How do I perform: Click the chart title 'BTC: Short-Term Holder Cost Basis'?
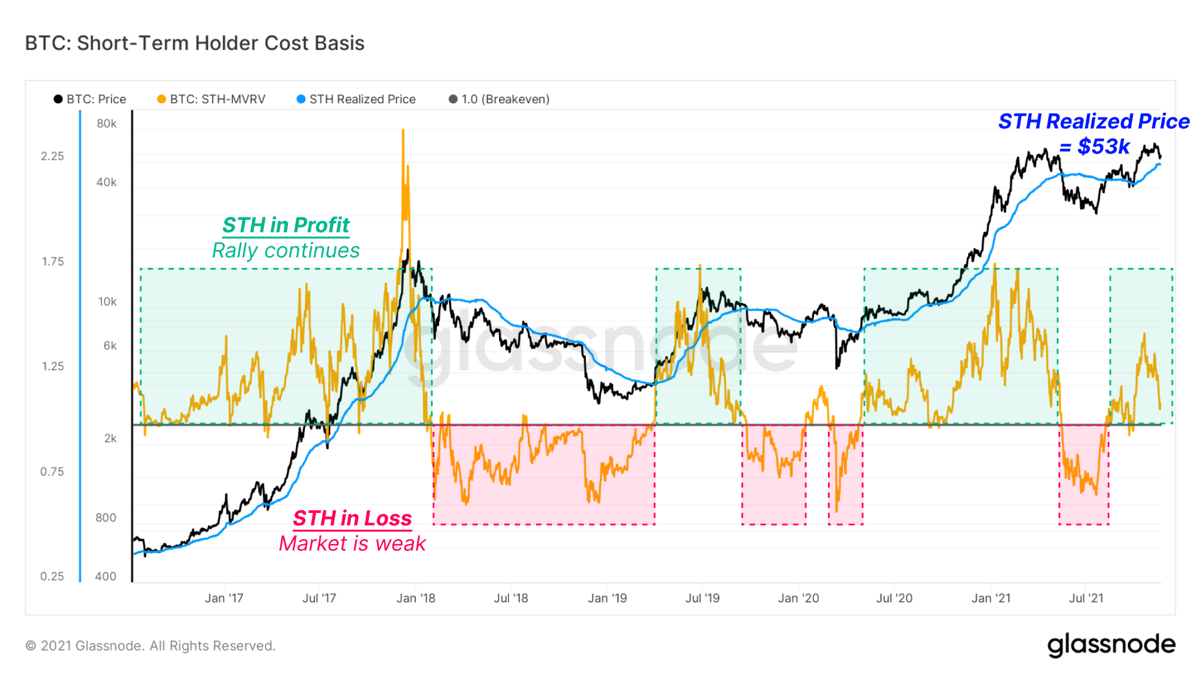click(195, 43)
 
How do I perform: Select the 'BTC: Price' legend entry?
click(90, 99)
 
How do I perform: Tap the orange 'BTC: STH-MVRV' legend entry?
click(212, 99)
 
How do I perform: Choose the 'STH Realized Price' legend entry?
click(357, 99)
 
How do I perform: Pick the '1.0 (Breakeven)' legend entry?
click(500, 99)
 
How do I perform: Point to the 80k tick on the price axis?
click(107, 124)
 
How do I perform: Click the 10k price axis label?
click(107, 302)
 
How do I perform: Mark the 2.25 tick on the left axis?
click(52, 156)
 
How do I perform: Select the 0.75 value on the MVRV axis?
click(52, 471)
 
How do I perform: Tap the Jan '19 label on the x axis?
click(607, 599)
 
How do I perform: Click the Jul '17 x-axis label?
click(319, 599)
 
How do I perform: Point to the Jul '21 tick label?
click(1086, 599)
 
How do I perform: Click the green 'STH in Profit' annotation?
click(286, 225)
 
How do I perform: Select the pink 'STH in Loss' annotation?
click(352, 518)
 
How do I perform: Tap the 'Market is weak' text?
click(352, 544)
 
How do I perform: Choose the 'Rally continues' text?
click(286, 251)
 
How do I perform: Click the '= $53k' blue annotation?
click(1094, 147)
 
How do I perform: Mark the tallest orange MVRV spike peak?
click(403, 130)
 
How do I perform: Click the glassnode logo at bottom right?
click(1111, 644)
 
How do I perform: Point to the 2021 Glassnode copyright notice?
click(150, 646)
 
